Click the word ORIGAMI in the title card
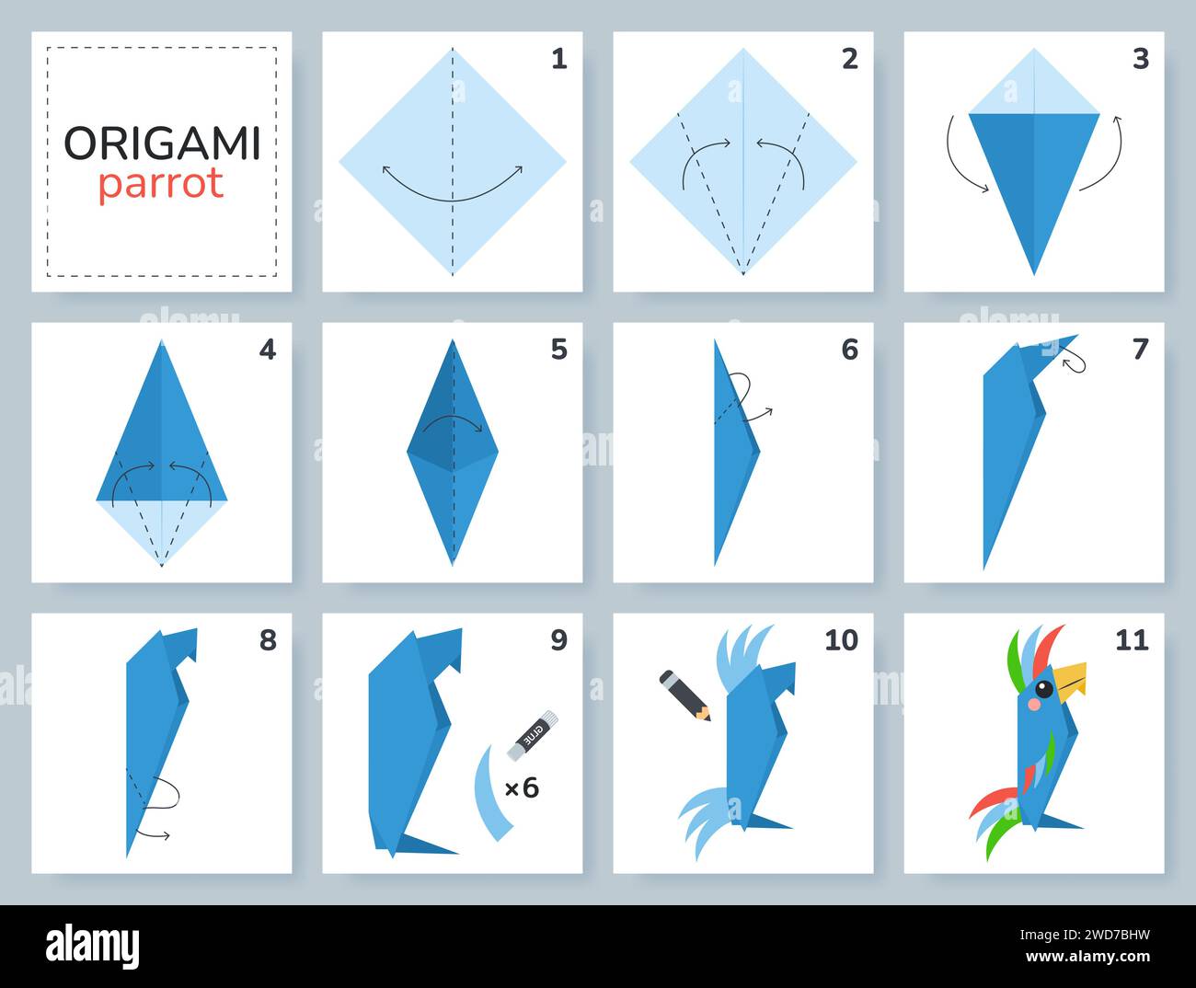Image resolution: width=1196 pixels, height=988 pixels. point(162,143)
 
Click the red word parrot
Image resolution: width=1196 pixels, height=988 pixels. point(161,184)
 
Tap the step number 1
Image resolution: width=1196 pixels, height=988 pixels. point(558,59)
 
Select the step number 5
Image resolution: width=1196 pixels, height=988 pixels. point(558,350)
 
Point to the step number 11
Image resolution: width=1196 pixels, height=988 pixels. point(1132,639)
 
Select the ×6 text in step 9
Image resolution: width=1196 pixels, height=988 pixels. point(521,787)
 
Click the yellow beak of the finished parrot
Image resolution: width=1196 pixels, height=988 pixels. point(1071,680)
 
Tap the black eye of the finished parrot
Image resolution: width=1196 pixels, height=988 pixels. point(1043,689)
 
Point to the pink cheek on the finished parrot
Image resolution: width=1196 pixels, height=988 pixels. point(1032,705)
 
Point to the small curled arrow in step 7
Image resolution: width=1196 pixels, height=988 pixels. point(1074,364)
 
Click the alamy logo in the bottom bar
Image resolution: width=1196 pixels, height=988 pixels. point(92,946)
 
